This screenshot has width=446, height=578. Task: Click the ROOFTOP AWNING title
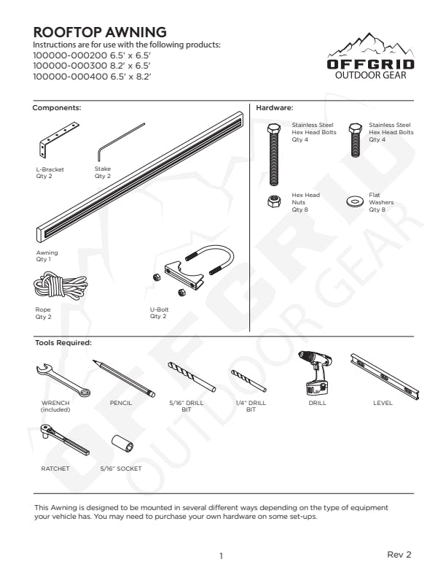click(100, 32)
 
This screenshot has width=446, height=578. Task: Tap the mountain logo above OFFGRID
click(370, 46)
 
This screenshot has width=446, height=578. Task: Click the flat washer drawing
click(356, 200)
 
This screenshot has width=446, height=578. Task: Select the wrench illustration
click(63, 378)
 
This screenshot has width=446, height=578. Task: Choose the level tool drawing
click(382, 375)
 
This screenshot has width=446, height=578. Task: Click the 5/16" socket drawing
click(120, 444)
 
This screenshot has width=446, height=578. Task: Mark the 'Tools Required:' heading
click(63, 342)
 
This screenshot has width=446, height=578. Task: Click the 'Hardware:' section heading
click(275, 107)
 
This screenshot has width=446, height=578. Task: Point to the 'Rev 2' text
click(399, 555)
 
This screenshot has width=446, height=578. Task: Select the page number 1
click(221, 556)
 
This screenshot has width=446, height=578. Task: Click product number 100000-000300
click(71, 64)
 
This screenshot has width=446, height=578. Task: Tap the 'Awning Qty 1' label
click(47, 255)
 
